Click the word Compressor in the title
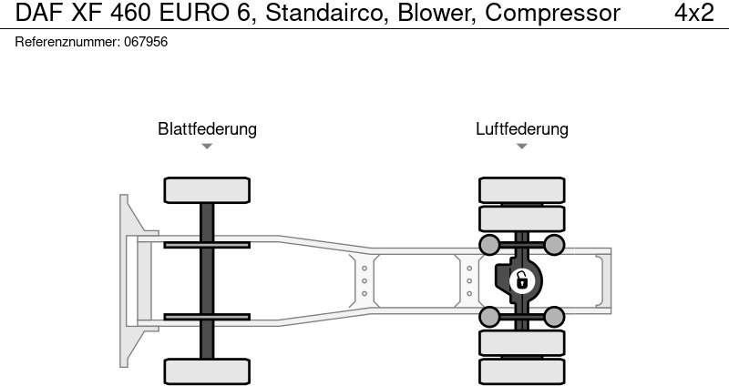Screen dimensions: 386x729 pos(552,14)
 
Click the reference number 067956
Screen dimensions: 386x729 pos(145,43)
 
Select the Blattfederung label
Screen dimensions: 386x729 pos(207,129)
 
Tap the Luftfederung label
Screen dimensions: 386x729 pos(521,129)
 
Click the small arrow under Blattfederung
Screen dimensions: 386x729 pos(207,147)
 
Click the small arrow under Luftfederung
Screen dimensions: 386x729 pos(521,147)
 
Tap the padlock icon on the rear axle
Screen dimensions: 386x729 pos(521,280)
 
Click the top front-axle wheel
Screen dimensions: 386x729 pos(207,189)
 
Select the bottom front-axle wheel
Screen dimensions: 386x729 pos(207,371)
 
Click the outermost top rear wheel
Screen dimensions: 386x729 pos(521,189)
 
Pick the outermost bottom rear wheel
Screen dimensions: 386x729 pos(521,371)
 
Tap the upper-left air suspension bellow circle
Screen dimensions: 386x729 pos(489,244)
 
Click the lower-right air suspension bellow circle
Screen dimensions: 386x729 pos(553,317)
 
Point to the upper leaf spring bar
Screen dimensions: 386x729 pos(207,244)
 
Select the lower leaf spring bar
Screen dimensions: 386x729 pos(207,317)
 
